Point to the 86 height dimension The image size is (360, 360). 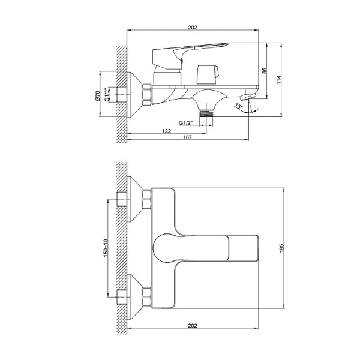(264, 71)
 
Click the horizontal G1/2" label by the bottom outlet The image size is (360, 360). (187, 123)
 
